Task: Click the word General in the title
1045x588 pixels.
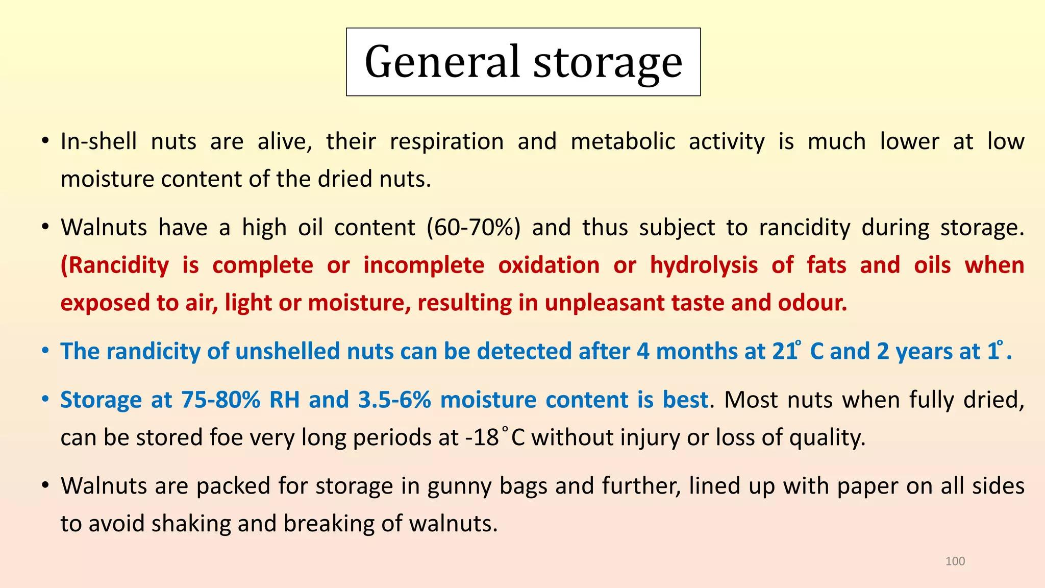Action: point(442,62)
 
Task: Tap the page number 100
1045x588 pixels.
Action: point(955,561)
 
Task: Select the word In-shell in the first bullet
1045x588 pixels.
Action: point(98,141)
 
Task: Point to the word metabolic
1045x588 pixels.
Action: point(623,141)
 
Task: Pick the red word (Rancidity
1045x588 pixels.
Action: point(115,265)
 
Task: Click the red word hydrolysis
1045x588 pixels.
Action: point(704,265)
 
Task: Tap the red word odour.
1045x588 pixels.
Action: point(812,303)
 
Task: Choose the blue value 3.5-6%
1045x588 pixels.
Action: point(394,400)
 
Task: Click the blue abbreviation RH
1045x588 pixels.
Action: point(284,400)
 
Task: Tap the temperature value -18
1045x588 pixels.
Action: point(482,437)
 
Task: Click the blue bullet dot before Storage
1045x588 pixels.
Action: point(45,399)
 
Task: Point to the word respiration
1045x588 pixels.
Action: point(446,142)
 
